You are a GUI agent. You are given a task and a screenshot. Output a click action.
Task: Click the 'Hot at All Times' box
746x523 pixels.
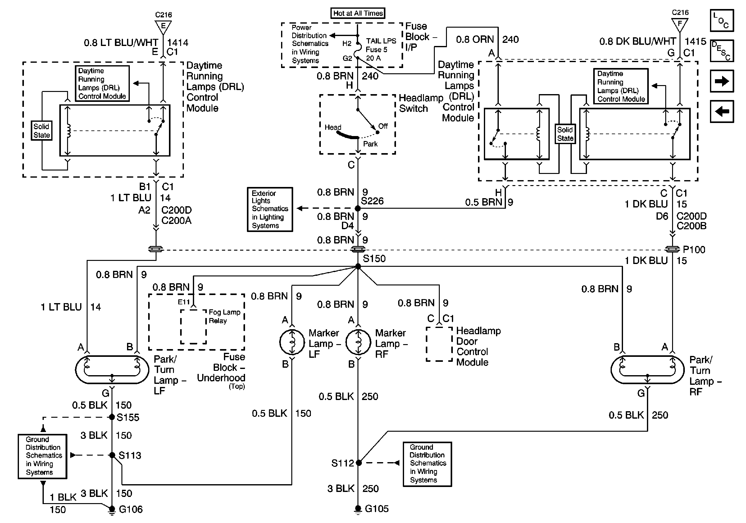click(357, 13)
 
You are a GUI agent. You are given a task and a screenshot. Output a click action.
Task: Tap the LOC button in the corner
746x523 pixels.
click(722, 20)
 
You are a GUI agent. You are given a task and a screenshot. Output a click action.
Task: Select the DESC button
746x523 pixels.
click(722, 51)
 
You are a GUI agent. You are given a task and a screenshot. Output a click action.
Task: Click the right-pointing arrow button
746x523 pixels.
click(722, 81)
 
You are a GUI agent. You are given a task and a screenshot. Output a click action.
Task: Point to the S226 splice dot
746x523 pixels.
click(358, 208)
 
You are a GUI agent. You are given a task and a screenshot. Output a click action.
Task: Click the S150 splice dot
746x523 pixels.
click(358, 266)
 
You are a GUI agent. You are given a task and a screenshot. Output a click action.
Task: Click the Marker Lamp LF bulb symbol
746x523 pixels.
click(292, 342)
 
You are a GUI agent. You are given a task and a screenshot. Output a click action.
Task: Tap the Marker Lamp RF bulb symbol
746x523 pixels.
click(358, 342)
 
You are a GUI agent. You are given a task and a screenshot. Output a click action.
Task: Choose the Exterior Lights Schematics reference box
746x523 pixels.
click(270, 210)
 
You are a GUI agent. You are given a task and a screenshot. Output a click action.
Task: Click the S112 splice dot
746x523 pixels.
click(359, 462)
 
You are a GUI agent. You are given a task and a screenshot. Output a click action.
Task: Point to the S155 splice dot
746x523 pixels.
click(112, 417)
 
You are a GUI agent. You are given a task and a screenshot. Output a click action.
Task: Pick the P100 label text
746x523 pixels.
click(694, 249)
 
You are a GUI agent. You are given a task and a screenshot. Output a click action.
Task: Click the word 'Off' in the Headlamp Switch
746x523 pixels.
click(383, 126)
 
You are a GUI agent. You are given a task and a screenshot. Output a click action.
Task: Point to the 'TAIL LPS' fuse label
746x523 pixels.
click(381, 41)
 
